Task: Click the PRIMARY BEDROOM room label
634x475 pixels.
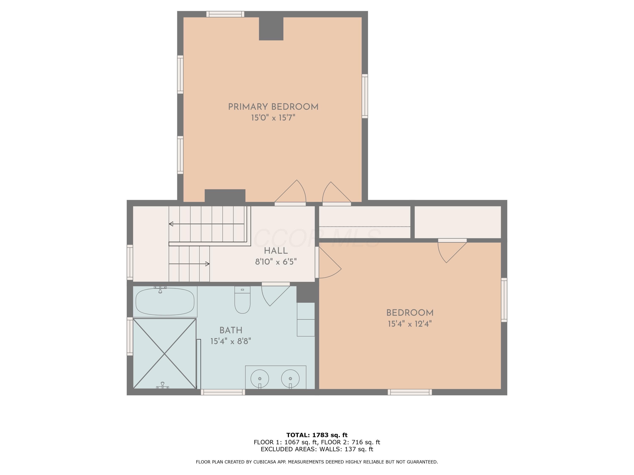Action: tap(273, 107)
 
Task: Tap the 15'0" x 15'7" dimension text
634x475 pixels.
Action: tap(273, 118)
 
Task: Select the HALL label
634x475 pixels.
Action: tap(276, 251)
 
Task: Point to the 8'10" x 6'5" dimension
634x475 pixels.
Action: tap(276, 262)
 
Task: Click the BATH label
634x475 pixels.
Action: tap(231, 330)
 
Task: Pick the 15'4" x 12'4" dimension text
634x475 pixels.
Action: tap(410, 324)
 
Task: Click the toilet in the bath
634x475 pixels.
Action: tap(242, 300)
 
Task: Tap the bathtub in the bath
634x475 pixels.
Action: tap(165, 301)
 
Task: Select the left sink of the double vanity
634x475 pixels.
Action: tap(260, 379)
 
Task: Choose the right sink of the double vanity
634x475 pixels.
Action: tap(290, 379)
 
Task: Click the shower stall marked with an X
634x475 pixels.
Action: tap(165, 354)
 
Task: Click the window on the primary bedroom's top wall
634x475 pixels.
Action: tap(225, 14)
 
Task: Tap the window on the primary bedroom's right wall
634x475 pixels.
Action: tap(365, 96)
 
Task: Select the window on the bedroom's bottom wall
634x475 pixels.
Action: tap(410, 392)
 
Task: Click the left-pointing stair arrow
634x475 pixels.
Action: tap(206, 224)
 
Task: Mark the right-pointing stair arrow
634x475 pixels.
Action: tap(189, 264)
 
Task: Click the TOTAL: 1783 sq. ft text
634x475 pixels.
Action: tap(317, 435)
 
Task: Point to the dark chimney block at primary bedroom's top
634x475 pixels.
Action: tap(271, 29)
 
